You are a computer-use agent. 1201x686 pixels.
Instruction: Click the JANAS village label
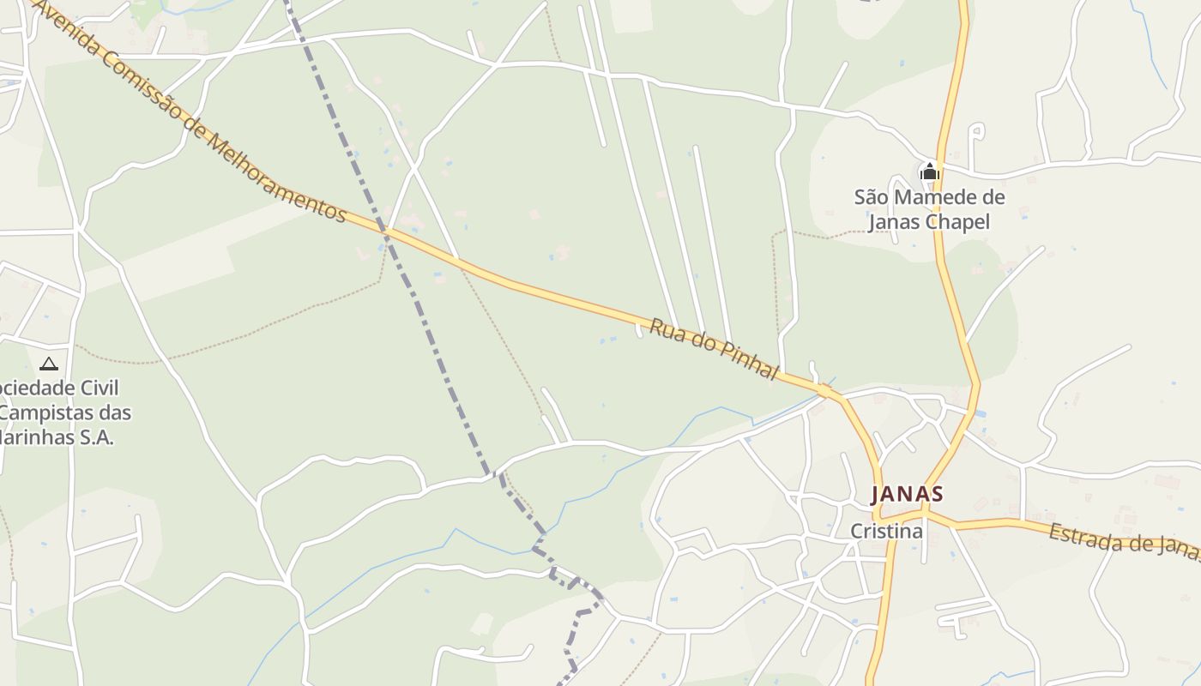click(x=907, y=495)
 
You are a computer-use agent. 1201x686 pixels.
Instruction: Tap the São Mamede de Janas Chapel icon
click(x=929, y=172)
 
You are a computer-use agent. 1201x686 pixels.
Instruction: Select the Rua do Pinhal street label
click(x=714, y=350)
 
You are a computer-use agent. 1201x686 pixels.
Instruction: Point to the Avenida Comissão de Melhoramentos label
click(x=190, y=112)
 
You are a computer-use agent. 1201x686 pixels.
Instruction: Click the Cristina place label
click(x=886, y=532)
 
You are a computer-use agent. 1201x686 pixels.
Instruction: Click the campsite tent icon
click(x=49, y=364)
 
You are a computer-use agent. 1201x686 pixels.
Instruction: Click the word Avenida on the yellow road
click(x=63, y=27)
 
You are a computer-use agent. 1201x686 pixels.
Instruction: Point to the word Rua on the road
click(x=664, y=330)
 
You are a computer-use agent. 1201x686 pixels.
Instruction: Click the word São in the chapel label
click(x=871, y=198)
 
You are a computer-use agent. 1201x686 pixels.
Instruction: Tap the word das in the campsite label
click(x=114, y=413)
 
